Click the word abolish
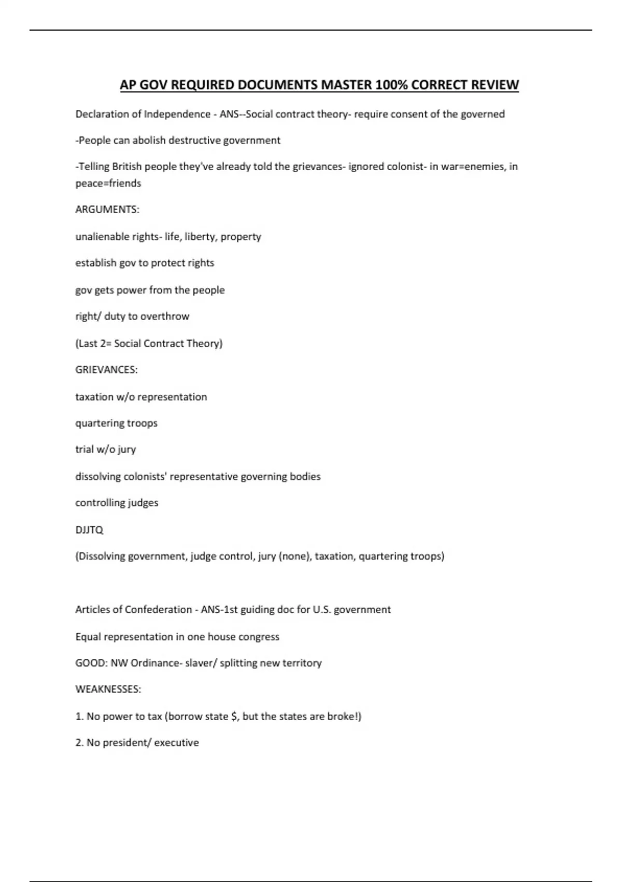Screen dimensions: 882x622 coord(149,140)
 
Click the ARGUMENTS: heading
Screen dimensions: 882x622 coord(107,210)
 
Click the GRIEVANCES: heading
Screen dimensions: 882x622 coord(106,370)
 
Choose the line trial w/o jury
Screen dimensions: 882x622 coord(106,449)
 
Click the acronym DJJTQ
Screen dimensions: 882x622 coord(89,530)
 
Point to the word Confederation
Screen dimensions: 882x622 coord(159,610)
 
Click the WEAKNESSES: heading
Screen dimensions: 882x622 coord(108,690)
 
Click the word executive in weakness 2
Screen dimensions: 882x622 coord(177,743)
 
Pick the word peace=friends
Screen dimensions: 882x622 coord(108,183)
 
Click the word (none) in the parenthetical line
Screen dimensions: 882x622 coord(295,556)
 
